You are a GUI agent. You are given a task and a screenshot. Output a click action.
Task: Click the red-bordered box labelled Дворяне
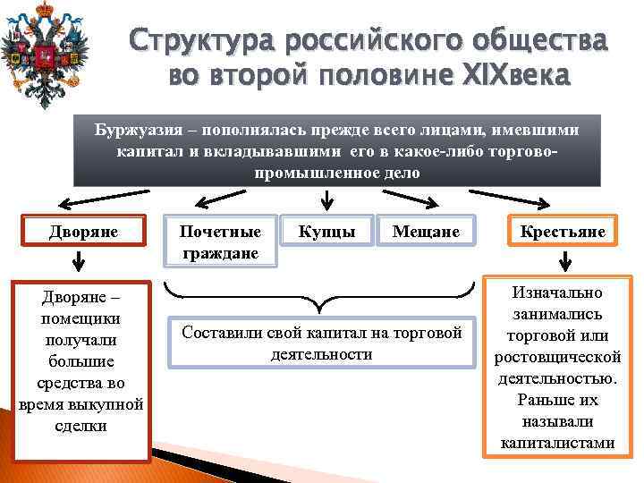pos(83,232)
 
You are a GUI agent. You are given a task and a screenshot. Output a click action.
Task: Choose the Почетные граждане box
pos(220,241)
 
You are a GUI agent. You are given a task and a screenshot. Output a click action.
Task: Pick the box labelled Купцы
pos(326,232)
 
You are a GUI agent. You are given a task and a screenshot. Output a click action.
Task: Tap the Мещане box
pos(426,232)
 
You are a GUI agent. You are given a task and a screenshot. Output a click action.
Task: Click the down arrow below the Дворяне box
pos(79,262)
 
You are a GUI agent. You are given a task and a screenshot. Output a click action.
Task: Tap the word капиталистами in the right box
pos(557,442)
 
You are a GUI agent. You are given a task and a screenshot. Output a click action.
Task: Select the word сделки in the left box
pos(80,425)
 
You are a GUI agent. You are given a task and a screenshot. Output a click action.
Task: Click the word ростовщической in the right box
pos(557,356)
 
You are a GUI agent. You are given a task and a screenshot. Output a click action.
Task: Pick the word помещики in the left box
pos(81,318)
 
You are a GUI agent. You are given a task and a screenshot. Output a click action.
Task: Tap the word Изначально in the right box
pos(557,292)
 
